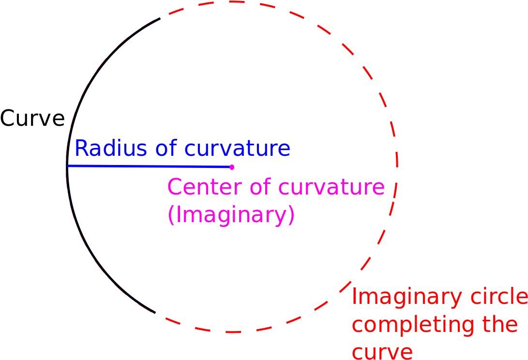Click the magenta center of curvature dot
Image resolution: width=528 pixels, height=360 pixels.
[232, 167]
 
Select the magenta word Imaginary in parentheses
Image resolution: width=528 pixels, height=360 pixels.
[231, 215]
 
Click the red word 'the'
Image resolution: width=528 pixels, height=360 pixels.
[500, 324]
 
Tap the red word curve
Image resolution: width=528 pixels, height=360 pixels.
[382, 352]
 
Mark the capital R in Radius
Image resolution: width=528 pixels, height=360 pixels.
[81, 148]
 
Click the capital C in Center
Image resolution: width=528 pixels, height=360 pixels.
[174, 187]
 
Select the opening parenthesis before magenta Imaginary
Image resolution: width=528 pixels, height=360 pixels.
[170, 215]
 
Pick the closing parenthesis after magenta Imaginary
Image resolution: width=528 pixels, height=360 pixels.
[291, 215]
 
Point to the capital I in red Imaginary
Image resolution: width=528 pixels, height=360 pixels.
[354, 297]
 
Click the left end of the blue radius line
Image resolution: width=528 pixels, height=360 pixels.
[68, 166]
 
